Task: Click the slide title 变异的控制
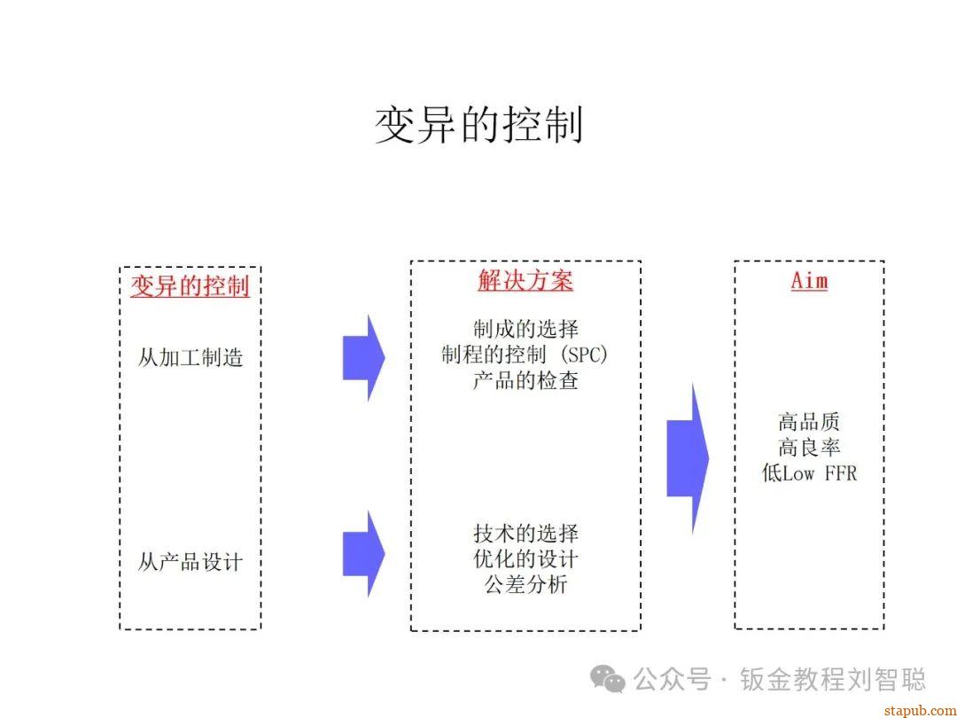tap(478, 125)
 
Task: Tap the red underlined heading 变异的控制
tap(190, 286)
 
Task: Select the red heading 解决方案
tap(525, 281)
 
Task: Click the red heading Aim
tap(809, 281)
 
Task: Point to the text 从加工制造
tap(190, 358)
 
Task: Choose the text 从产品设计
tap(190, 562)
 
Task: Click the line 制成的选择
tap(525, 330)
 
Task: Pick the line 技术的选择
tap(525, 534)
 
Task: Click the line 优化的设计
tap(525, 559)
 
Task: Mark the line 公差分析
tap(525, 585)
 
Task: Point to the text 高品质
tap(809, 422)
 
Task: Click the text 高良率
tap(809, 448)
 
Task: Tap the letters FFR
tap(841, 473)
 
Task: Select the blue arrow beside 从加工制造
tap(363, 358)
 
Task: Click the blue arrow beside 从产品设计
tap(363, 554)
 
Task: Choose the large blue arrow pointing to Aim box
tap(688, 459)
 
